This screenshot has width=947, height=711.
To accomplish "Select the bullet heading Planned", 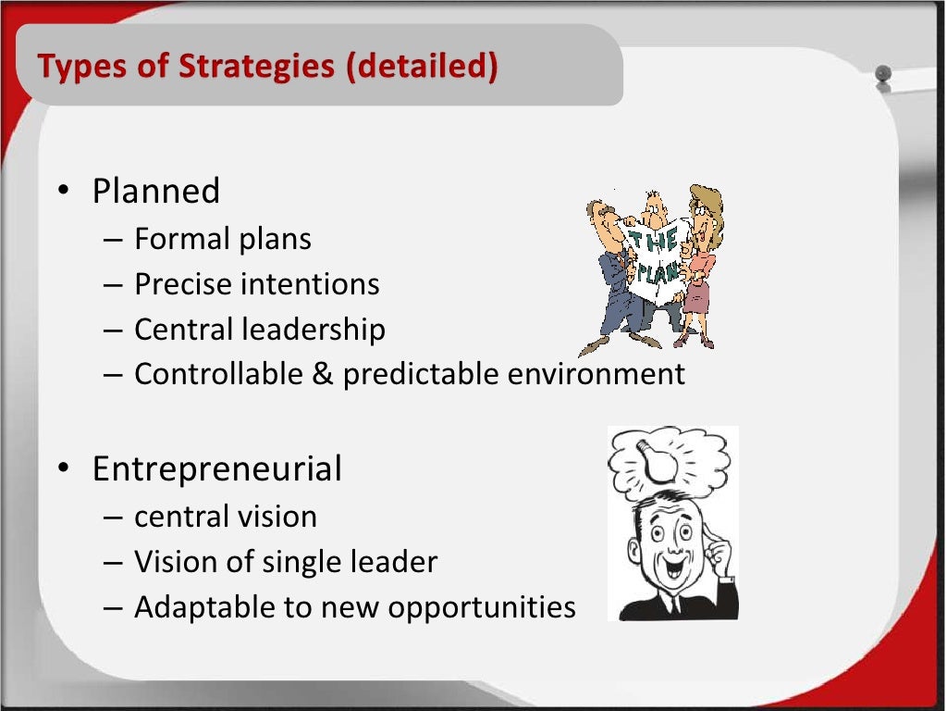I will point(156,191).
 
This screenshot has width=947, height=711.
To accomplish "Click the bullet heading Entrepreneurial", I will point(216,468).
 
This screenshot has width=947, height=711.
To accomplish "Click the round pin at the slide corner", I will point(882,73).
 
